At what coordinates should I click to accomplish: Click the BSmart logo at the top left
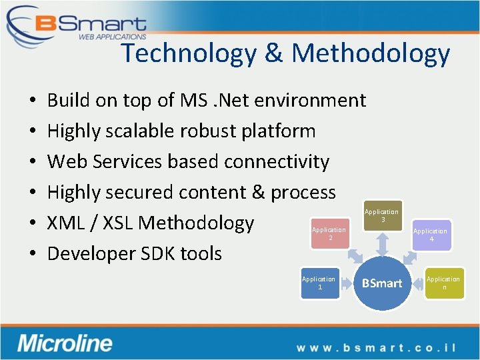click(77, 25)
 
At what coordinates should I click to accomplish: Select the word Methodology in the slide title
click(371, 53)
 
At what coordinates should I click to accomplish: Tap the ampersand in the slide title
click(273, 53)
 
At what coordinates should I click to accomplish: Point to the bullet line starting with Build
click(206, 100)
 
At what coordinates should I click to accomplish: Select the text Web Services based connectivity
click(188, 161)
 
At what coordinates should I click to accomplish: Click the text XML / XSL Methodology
click(150, 223)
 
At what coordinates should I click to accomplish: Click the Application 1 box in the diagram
click(319, 283)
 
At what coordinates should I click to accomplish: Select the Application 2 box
click(329, 233)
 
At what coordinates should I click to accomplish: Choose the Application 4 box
click(430, 235)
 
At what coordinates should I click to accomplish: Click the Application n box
click(443, 283)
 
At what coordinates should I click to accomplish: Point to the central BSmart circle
click(381, 283)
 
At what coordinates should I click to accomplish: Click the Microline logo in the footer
click(65, 343)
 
